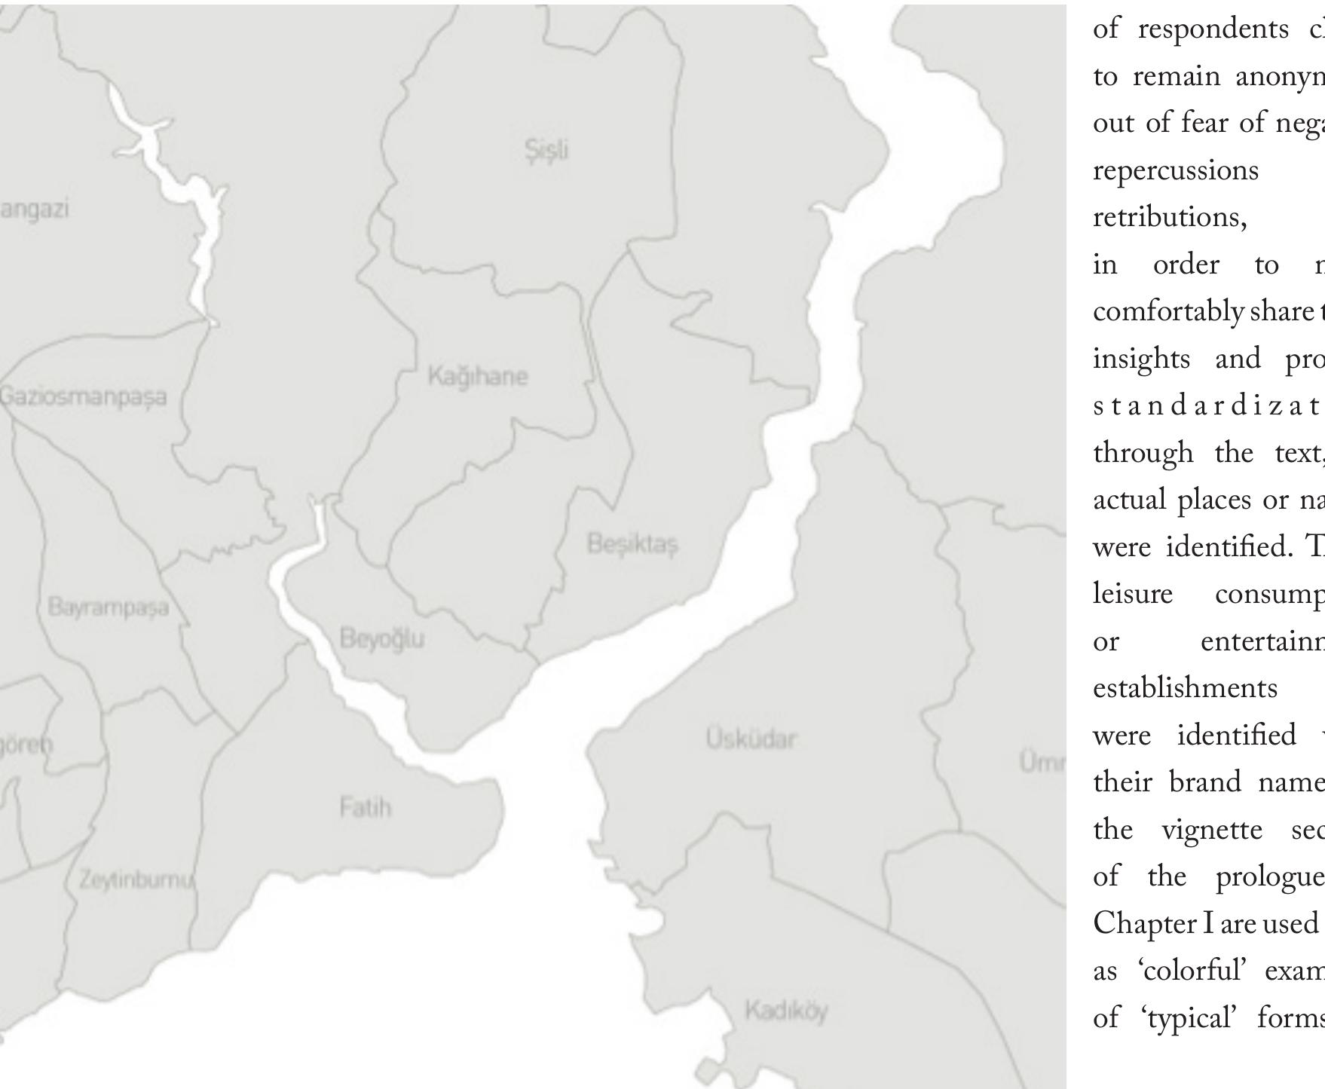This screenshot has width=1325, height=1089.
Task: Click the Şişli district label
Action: tap(546, 150)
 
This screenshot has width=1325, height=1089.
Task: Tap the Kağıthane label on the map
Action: tap(478, 375)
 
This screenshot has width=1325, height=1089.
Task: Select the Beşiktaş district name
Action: tap(632, 543)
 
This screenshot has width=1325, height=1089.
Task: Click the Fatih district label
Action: tap(366, 808)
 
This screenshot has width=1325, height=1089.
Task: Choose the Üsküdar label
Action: tap(751, 739)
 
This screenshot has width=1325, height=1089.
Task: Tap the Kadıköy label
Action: tap(786, 1011)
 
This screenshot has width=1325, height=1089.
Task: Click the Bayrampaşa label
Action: tap(108, 607)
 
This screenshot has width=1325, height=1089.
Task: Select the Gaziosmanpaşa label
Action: tap(83, 396)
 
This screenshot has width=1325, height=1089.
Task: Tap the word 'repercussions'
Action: tap(1176, 171)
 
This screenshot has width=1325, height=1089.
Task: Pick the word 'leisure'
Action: tap(1133, 594)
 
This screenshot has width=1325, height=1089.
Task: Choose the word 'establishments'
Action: tap(1185, 688)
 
